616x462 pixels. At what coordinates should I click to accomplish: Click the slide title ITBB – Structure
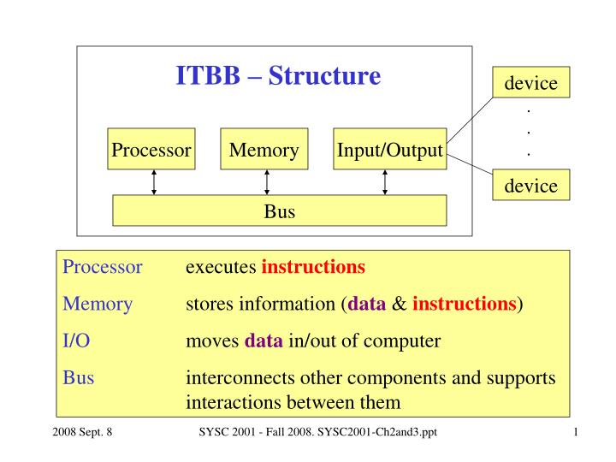[278, 77]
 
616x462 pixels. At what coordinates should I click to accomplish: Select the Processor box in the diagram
[151, 151]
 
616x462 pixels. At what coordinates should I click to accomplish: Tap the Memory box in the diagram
[264, 151]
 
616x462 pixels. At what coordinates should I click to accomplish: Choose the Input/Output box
[390, 151]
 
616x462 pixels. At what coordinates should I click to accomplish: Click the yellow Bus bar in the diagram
[280, 210]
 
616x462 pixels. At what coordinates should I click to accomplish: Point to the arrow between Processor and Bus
[154, 182]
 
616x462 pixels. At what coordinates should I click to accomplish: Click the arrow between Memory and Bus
[267, 182]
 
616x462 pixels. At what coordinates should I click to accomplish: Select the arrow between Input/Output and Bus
[385, 182]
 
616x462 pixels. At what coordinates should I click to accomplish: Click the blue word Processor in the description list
[103, 266]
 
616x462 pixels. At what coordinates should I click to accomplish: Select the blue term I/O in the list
[77, 341]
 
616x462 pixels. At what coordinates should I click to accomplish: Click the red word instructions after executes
[313, 266]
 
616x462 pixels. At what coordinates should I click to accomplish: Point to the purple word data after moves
[264, 341]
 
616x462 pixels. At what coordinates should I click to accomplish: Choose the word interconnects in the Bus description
[230, 379]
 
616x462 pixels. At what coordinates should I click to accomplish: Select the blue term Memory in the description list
[98, 304]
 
